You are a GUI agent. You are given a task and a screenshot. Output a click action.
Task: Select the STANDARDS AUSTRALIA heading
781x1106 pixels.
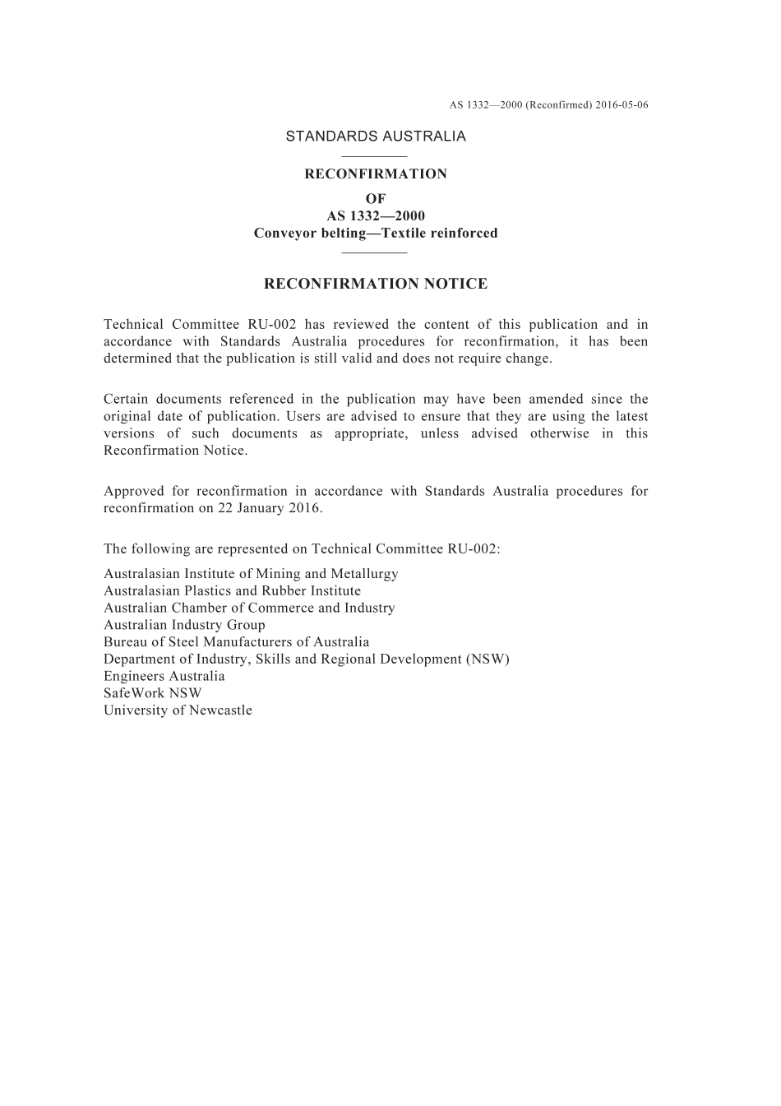(376, 137)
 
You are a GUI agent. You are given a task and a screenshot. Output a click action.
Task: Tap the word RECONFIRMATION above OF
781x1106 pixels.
(376, 174)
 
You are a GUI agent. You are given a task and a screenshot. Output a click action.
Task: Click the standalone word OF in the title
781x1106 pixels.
(376, 199)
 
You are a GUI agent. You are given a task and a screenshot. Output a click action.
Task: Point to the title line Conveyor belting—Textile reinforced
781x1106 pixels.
(376, 234)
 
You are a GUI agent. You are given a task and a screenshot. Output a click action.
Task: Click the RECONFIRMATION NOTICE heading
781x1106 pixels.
(376, 285)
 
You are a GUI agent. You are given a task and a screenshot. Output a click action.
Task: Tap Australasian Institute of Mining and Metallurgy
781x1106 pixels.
(251, 574)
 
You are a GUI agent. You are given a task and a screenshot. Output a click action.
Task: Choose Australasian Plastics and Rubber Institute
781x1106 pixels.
(232, 591)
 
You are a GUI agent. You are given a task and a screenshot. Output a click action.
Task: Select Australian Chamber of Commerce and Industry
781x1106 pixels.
(249, 609)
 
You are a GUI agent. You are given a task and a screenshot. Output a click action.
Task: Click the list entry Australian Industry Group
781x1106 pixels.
(184, 625)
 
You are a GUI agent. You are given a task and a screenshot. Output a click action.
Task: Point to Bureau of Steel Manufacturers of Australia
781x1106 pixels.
(236, 642)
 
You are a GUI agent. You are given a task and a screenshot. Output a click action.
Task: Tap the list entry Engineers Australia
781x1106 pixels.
(164, 677)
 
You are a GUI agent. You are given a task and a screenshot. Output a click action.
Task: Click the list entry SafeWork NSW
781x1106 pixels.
(152, 693)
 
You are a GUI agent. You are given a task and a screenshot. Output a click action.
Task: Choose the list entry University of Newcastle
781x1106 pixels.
(178, 710)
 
